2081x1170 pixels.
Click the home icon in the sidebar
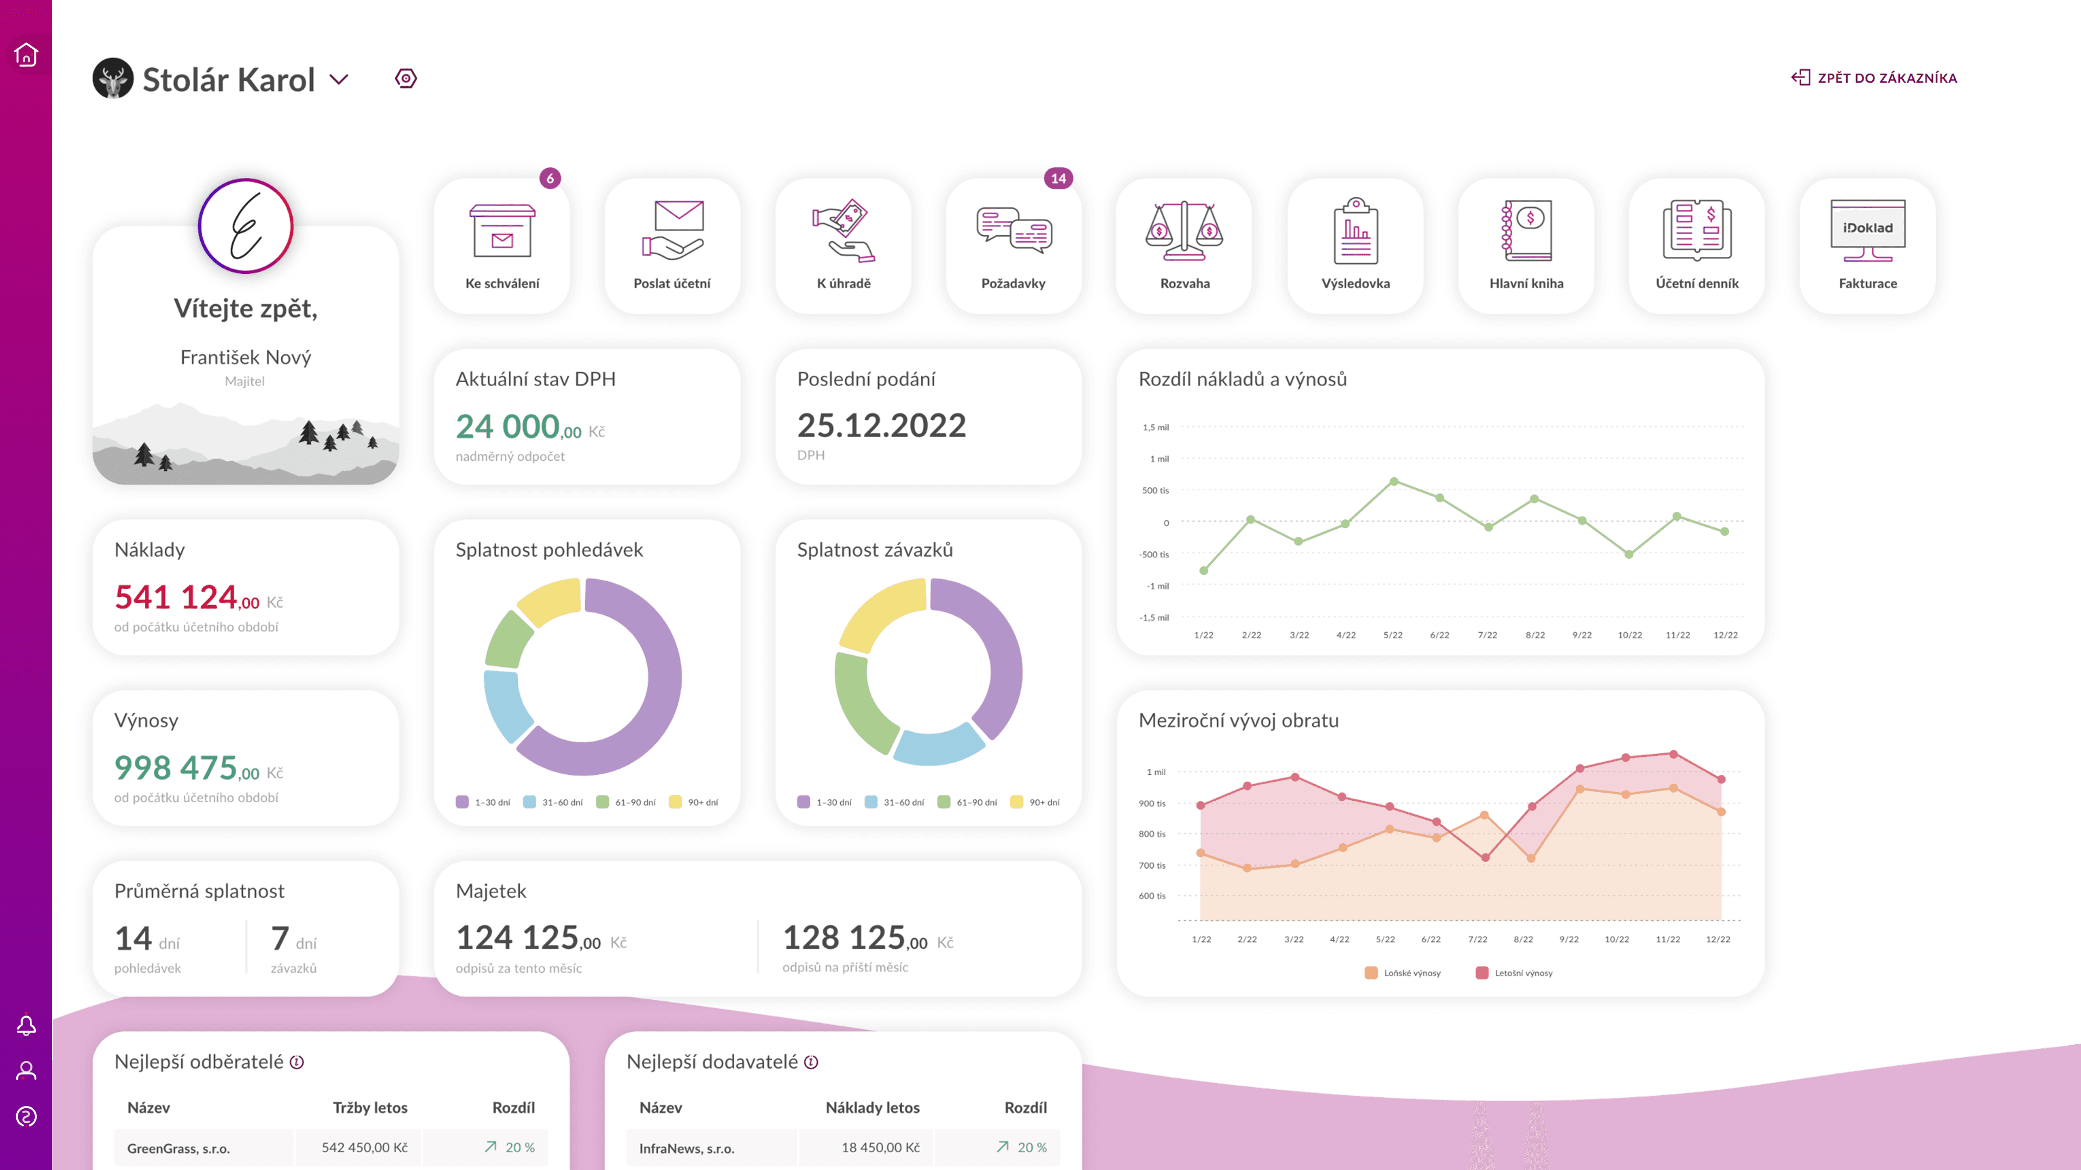[26, 55]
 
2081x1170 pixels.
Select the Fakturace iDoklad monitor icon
[1867, 230]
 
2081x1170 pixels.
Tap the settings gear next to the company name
[406, 79]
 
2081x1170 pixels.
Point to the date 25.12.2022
[881, 426]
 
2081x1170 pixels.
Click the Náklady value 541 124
[176, 597]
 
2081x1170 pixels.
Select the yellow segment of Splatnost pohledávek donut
[549, 601]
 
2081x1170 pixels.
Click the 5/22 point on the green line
[1393, 481]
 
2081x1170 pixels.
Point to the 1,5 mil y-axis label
[1155, 427]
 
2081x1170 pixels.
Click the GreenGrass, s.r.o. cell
[178, 1148]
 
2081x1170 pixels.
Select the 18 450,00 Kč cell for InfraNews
[881, 1147]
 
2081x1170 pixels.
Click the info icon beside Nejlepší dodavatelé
[811, 1063]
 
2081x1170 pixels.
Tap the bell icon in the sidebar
[26, 1025]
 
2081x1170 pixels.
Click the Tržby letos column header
[370, 1108]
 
